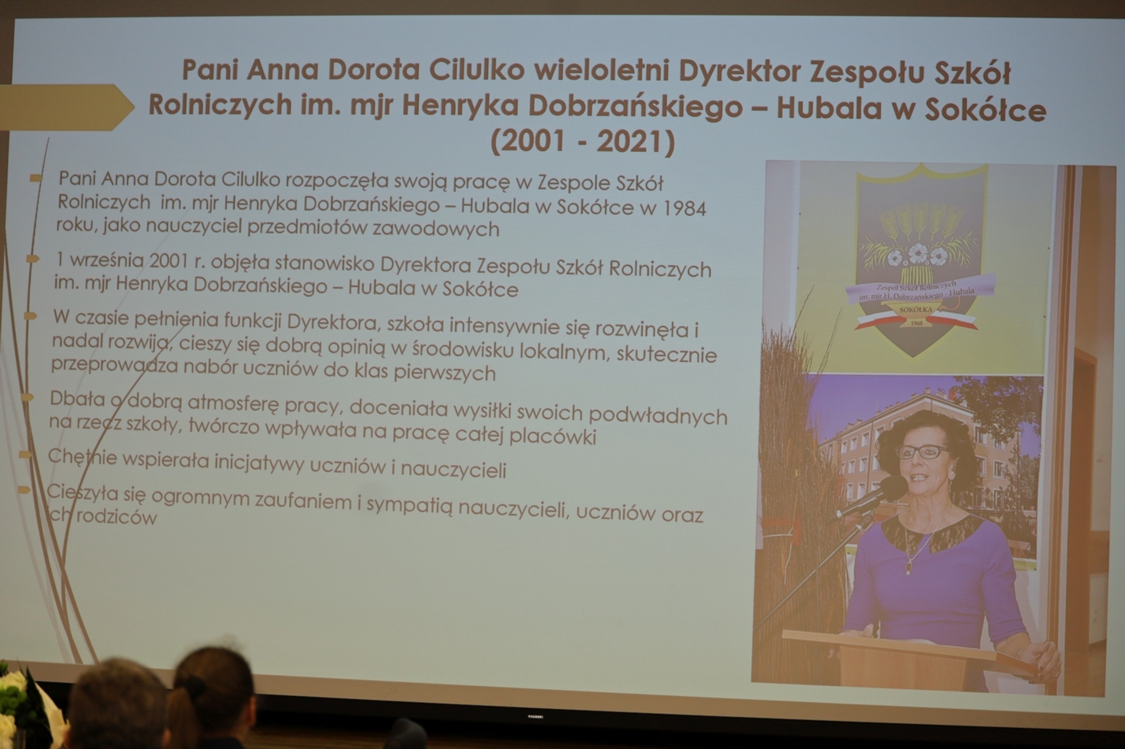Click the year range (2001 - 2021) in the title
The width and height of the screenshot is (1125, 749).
(582, 142)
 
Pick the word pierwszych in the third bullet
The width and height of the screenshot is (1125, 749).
(444, 372)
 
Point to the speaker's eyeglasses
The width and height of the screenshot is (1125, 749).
(922, 452)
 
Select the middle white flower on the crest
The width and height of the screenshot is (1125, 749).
(918, 254)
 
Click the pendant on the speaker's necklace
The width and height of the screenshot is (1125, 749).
(909, 567)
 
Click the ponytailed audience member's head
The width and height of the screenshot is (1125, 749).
(214, 682)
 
